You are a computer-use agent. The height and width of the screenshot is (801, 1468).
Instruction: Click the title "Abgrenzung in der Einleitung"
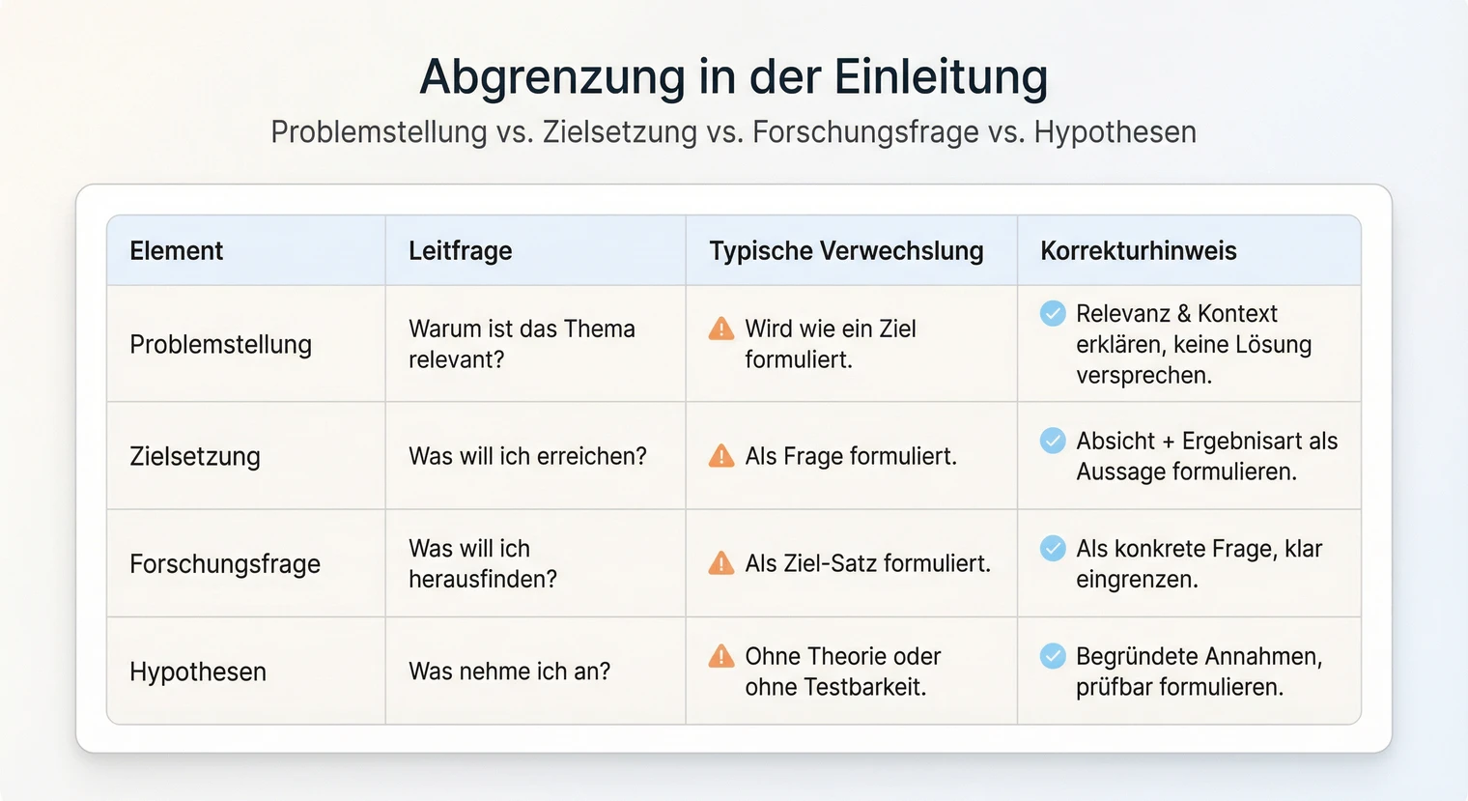coord(733,77)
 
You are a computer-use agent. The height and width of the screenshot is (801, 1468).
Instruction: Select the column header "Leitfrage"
coord(460,251)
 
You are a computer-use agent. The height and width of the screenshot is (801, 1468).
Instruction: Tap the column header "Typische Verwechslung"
coord(846,251)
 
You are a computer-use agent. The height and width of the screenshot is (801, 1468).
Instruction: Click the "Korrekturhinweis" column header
coord(1138,251)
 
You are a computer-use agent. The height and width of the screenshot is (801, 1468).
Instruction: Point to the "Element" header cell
coord(176,251)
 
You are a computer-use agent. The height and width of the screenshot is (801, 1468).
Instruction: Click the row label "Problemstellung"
coord(220,345)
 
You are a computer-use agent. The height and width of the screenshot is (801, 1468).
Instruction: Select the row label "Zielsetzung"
coord(195,456)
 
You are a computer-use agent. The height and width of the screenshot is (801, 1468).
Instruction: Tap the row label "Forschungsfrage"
coord(225,564)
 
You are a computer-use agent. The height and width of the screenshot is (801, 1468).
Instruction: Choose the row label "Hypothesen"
coord(198,672)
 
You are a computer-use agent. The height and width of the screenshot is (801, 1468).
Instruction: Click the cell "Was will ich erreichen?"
coord(527,456)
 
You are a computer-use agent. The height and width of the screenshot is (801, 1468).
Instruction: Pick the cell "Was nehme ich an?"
coord(509,672)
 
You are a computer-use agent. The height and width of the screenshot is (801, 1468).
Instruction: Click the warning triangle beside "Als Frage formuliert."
coord(721,455)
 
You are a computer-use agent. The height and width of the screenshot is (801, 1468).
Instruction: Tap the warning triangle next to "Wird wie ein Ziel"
coord(721,329)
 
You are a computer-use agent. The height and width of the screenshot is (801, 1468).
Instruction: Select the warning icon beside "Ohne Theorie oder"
coord(721,656)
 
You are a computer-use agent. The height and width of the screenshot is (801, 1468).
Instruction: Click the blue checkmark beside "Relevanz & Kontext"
coord(1053,313)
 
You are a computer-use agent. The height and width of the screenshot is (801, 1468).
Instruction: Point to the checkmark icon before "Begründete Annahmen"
coord(1053,656)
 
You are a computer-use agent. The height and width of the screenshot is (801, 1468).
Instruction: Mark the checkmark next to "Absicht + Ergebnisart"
coord(1053,441)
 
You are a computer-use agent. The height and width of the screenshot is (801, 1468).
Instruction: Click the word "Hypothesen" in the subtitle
coord(1115,132)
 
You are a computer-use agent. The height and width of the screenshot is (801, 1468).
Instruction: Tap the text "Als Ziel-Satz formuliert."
coord(867,564)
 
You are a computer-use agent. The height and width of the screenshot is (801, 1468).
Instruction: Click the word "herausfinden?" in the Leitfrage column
coord(483,580)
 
